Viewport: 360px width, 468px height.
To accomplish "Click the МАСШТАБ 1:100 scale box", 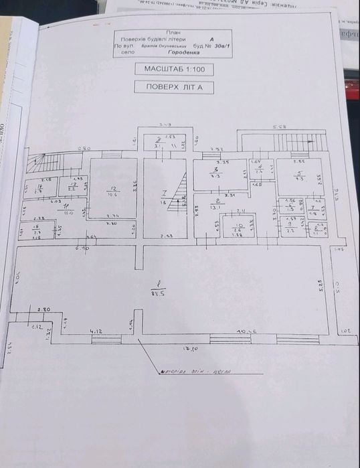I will pos(174,69).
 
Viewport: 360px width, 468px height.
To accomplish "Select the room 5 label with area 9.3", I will pos(300,175).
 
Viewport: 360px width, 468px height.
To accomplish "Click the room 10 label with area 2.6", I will pos(236,228).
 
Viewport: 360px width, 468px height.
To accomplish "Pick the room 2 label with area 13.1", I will pos(215,204).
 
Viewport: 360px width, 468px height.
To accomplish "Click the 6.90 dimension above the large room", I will pos(84,248).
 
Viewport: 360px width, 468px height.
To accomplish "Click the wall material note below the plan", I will pos(194,371).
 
